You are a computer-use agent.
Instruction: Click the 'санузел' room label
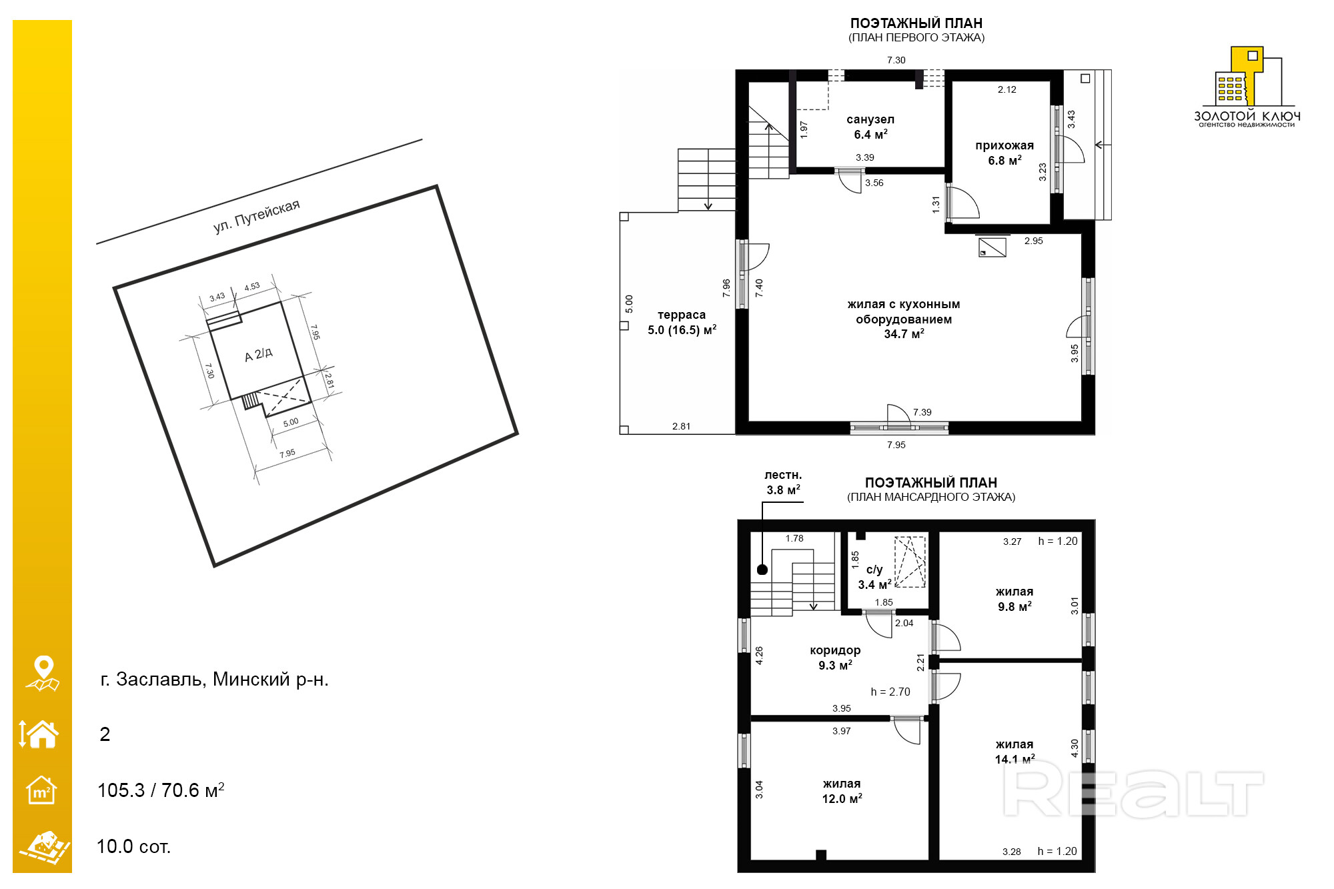click(870, 119)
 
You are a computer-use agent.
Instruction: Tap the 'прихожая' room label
click(1005, 145)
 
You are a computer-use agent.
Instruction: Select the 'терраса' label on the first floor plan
click(682, 315)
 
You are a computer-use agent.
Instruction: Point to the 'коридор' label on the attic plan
click(835, 650)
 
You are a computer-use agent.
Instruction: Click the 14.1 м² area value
click(1015, 759)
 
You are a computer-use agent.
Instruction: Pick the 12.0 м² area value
click(842, 798)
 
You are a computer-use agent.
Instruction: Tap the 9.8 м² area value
click(1015, 606)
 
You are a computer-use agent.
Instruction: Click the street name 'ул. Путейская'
click(257, 216)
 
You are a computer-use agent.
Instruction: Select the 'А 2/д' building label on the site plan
click(259, 354)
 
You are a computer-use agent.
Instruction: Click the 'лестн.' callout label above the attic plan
click(783, 475)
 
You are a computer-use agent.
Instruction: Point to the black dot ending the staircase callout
click(762, 570)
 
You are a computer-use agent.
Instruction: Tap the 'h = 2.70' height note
click(890, 692)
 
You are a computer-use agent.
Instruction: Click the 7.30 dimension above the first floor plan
click(896, 60)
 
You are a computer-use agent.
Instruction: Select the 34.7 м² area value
click(904, 333)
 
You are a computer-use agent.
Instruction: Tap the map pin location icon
click(43, 674)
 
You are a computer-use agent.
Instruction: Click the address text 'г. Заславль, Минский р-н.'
click(214, 680)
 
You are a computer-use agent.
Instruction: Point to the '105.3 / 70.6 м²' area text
click(161, 790)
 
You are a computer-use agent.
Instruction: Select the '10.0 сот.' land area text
click(134, 846)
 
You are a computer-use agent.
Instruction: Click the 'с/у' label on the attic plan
click(874, 570)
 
